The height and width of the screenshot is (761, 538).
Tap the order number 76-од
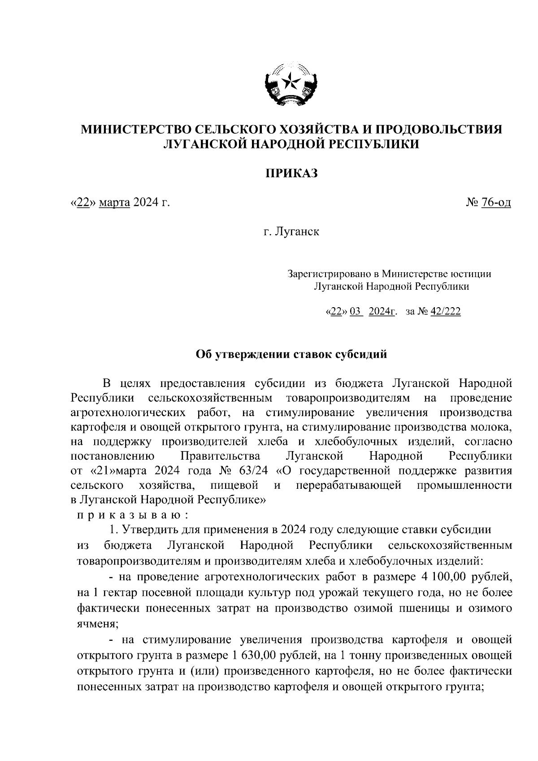[x=496, y=203]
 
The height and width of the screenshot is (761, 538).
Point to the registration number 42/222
[x=445, y=312]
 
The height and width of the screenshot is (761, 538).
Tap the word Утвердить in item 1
[x=150, y=530]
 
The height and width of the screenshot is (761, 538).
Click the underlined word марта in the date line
[x=114, y=203]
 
